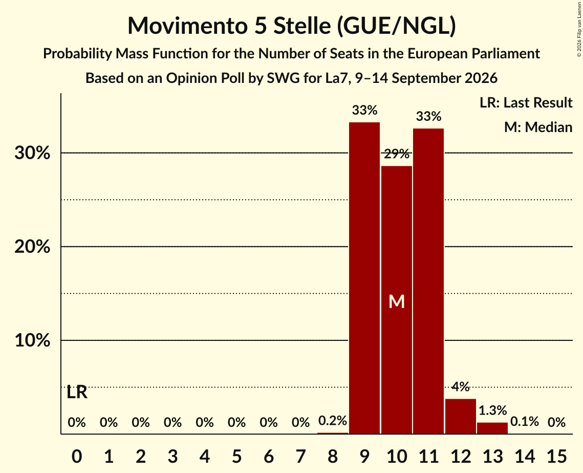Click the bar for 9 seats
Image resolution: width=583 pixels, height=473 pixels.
click(364, 278)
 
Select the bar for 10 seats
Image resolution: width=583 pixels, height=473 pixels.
click(396, 299)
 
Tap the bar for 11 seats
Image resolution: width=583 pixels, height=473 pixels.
click(428, 281)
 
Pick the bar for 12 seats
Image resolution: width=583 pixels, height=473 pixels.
click(460, 416)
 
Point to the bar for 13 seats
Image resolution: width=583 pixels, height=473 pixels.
click(492, 428)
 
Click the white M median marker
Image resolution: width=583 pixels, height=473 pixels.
click(396, 302)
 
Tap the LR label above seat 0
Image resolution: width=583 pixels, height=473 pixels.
click(77, 392)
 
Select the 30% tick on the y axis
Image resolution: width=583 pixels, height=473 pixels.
click(32, 153)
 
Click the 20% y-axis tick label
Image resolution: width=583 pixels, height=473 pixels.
click(32, 247)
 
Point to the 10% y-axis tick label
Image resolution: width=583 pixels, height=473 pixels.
click(32, 340)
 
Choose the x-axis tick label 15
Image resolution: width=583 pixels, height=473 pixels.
click(556, 456)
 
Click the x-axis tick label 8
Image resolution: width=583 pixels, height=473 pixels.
click(332, 456)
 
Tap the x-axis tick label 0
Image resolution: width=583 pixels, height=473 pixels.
click(77, 456)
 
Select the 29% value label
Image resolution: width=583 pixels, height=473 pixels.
click(396, 154)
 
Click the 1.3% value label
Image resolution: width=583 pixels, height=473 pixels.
click(492, 410)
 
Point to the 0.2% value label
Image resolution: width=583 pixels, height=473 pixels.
click(332, 421)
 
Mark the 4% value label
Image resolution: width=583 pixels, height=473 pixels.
click(460, 386)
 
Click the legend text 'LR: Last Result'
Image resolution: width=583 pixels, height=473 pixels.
click(526, 102)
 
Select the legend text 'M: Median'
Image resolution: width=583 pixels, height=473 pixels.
click(538, 127)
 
